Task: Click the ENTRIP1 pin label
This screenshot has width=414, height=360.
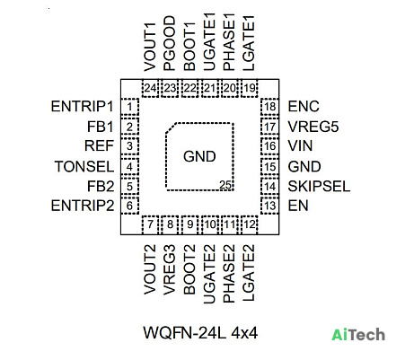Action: click(82, 106)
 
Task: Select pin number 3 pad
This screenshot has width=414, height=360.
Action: click(129, 146)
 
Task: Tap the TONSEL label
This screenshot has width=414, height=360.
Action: click(84, 166)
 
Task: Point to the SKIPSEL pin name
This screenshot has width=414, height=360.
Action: click(319, 187)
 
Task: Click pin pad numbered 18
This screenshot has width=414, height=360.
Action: click(269, 107)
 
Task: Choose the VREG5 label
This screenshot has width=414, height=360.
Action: click(313, 127)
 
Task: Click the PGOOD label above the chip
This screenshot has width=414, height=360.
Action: click(170, 43)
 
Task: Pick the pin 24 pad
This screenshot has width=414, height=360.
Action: click(150, 88)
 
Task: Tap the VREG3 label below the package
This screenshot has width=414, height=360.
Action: click(170, 269)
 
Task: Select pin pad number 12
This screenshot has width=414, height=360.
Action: click(250, 224)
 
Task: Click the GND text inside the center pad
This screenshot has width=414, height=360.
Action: click(199, 156)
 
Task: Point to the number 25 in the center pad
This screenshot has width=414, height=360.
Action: click(225, 185)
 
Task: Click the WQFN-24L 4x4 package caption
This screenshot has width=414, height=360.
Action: click(200, 333)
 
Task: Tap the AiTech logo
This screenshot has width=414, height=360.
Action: click(358, 335)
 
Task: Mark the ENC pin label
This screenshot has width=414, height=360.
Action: click(304, 106)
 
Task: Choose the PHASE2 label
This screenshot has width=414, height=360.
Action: click(229, 273)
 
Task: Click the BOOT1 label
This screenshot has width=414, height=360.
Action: click(189, 47)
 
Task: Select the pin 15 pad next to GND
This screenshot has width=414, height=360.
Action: click(269, 166)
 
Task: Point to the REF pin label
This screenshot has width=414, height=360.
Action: click(99, 146)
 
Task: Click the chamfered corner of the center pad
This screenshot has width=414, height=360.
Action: click(172, 127)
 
